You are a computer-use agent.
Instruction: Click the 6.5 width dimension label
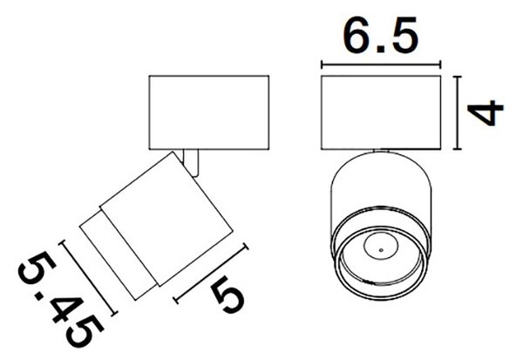[381, 35]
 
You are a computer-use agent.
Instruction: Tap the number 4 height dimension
[486, 113]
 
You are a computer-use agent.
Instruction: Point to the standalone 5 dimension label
[228, 295]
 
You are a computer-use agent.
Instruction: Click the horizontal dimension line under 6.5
[381, 65]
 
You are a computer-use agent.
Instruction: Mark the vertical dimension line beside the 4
[458, 112]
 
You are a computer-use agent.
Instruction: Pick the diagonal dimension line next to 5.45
[88, 278]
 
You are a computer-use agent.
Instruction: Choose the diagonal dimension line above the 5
[212, 274]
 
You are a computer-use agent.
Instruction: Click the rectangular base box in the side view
[209, 112]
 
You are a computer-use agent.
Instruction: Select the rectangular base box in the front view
[381, 112]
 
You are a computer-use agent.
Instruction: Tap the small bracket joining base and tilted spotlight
[192, 162]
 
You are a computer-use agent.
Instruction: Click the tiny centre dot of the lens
[381, 250]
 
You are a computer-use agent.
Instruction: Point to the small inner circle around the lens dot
[381, 234]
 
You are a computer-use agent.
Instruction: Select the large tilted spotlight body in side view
[166, 219]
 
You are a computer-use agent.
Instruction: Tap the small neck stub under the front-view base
[381, 151]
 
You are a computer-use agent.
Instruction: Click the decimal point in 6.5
[382, 50]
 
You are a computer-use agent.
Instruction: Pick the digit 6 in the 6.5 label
[357, 35]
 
